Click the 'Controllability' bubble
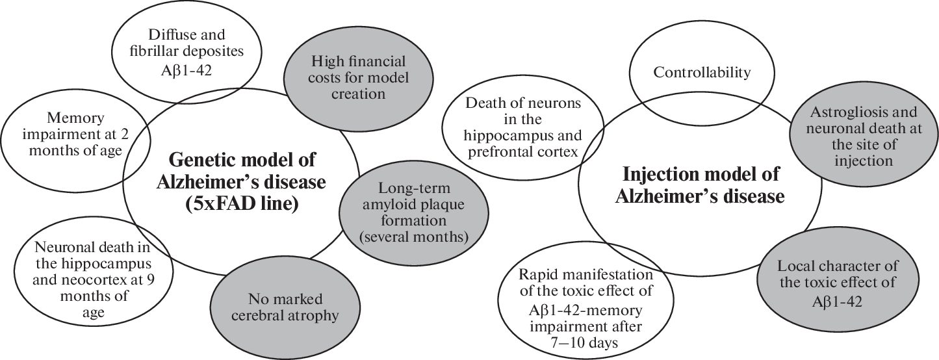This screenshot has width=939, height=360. point(701,73)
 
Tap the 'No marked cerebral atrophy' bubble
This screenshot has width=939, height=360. point(285,308)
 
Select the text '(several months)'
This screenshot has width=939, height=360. point(414,237)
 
